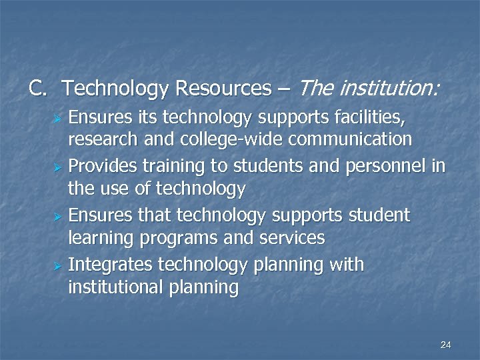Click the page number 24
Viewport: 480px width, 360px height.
(446, 345)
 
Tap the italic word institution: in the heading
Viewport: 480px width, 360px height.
(389, 87)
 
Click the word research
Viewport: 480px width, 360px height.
(99, 139)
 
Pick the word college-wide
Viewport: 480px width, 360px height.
(215, 139)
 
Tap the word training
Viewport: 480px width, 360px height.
(171, 166)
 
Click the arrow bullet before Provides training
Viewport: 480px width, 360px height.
(58, 167)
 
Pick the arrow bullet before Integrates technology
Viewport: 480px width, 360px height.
(58, 265)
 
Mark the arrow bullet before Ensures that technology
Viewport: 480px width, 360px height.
(58, 216)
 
